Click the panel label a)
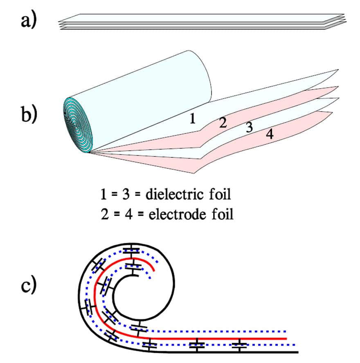(29, 20)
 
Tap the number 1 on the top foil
(192, 119)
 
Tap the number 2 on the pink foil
(223, 122)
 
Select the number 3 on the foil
(249, 128)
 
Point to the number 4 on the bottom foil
(270, 134)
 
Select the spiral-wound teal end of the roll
(78, 123)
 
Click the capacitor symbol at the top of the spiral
(132, 251)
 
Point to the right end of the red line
(286, 339)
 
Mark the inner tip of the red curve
(154, 270)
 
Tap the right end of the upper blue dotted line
(287, 331)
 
